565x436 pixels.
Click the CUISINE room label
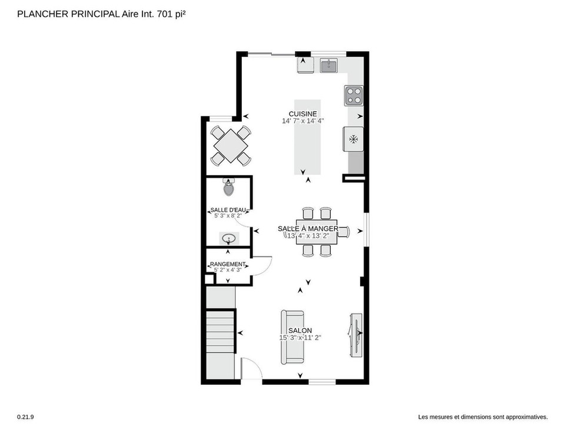click(303, 114)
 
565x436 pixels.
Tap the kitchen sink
click(328, 66)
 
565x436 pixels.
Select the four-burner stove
click(354, 95)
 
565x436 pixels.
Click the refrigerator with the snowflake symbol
click(353, 139)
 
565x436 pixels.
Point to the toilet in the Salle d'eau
click(228, 187)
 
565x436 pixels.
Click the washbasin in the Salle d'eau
click(229, 238)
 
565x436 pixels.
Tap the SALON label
click(300, 331)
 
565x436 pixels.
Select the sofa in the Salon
click(293, 337)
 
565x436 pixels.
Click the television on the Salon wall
click(355, 335)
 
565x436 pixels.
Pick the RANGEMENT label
click(228, 264)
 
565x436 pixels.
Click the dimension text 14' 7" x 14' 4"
click(303, 121)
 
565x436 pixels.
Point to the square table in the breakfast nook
click(231, 147)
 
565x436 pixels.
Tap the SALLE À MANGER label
click(308, 228)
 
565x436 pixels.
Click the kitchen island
click(307, 137)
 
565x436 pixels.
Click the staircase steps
click(221, 331)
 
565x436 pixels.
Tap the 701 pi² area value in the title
click(171, 14)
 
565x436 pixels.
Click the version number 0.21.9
click(25, 417)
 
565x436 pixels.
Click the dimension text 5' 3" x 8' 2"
click(228, 215)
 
